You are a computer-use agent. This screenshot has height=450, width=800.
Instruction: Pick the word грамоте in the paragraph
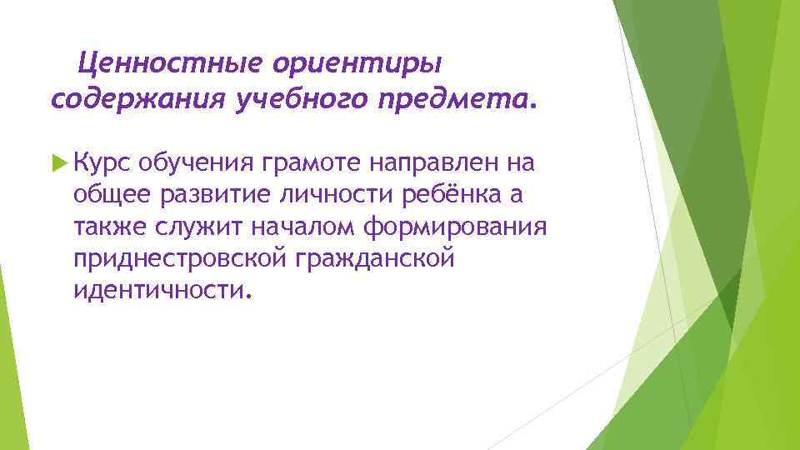tap(311, 162)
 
